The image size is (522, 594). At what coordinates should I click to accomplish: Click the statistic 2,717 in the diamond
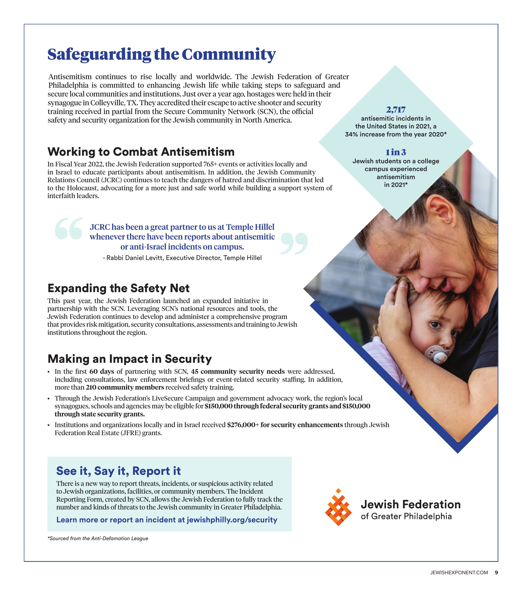coord(395,110)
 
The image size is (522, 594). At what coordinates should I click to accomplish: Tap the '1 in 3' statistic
coord(395,152)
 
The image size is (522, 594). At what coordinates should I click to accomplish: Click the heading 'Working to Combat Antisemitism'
coord(141,152)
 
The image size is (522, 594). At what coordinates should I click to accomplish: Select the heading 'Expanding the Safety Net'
coord(119,288)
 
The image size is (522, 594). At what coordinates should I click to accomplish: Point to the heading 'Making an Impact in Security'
coord(129,359)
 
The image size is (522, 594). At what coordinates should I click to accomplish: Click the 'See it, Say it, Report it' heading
coord(119,471)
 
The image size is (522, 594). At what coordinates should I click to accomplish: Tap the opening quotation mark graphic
coord(69,229)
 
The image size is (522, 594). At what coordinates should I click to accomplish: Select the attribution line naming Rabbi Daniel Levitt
coord(182,258)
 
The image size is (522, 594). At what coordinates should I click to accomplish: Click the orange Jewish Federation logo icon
coord(338,507)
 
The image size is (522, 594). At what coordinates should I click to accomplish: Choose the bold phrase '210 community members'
coord(125,387)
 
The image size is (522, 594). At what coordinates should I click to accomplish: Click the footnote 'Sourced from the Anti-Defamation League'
coord(98,538)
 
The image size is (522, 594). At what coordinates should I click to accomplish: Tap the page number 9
coord(496,573)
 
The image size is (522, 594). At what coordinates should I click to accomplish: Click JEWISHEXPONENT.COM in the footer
coord(459,573)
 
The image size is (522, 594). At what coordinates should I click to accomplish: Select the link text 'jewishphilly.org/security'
coord(232,520)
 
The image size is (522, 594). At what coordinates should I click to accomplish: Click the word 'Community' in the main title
coord(229,54)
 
